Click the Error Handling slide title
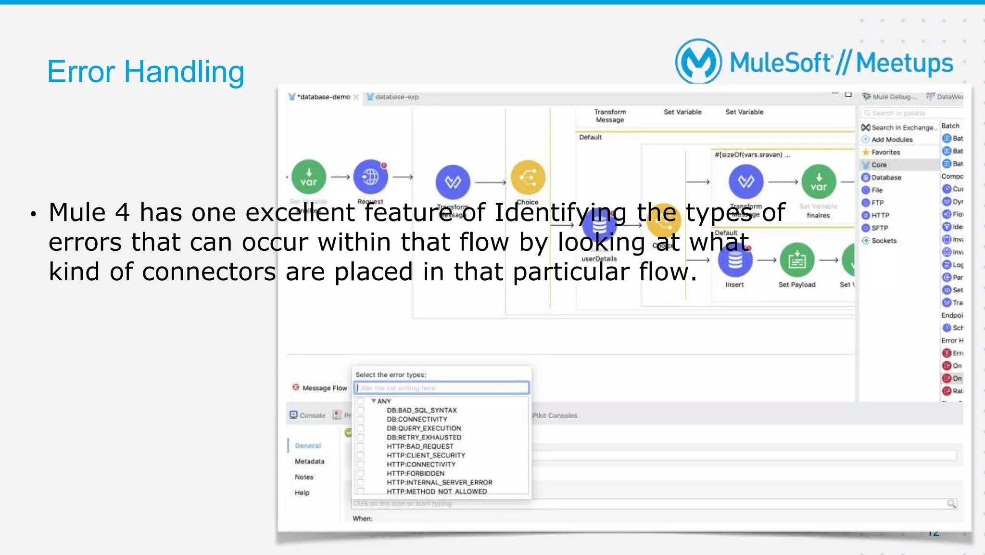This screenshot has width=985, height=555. [x=145, y=72]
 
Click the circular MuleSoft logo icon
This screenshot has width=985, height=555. [x=698, y=62]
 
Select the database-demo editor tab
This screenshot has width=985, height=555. [x=323, y=97]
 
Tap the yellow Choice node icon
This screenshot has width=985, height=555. [x=528, y=178]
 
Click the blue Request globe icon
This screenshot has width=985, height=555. [x=370, y=177]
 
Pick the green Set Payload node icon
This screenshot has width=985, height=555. [x=796, y=260]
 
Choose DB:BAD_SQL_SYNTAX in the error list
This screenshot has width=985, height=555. [x=421, y=410]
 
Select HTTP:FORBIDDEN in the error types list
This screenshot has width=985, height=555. [x=415, y=473]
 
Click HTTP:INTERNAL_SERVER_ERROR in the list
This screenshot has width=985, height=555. [x=439, y=482]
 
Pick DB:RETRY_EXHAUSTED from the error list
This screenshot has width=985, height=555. [x=424, y=437]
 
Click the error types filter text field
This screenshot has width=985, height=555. [x=442, y=388]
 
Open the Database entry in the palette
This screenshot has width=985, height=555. [x=886, y=178]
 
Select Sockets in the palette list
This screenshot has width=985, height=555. [x=884, y=241]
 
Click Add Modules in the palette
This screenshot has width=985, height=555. [x=891, y=140]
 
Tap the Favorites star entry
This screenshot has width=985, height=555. [x=885, y=152]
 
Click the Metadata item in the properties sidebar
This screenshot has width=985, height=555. [x=309, y=461]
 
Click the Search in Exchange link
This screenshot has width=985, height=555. [x=902, y=128]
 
